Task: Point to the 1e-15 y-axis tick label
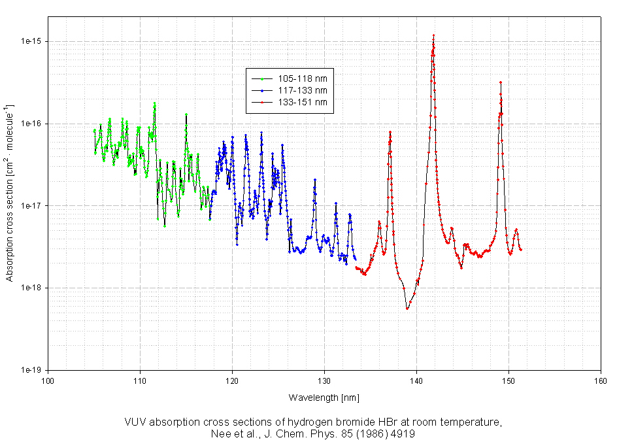click(x=32, y=41)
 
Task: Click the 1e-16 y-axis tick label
click(x=32, y=124)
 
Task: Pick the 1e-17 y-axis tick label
click(x=32, y=206)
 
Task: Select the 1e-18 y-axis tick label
click(x=32, y=288)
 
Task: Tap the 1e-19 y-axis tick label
click(x=32, y=370)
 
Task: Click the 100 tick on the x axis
click(x=48, y=380)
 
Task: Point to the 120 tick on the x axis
click(x=232, y=380)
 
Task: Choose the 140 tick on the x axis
click(x=416, y=380)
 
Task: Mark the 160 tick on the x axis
click(x=601, y=380)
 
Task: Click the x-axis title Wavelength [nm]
click(x=324, y=398)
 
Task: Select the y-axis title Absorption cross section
click(x=10, y=193)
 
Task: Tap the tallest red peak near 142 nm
click(x=433, y=35)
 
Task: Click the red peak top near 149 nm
click(x=501, y=82)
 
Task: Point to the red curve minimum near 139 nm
click(x=407, y=309)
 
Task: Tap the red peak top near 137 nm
click(x=390, y=132)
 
